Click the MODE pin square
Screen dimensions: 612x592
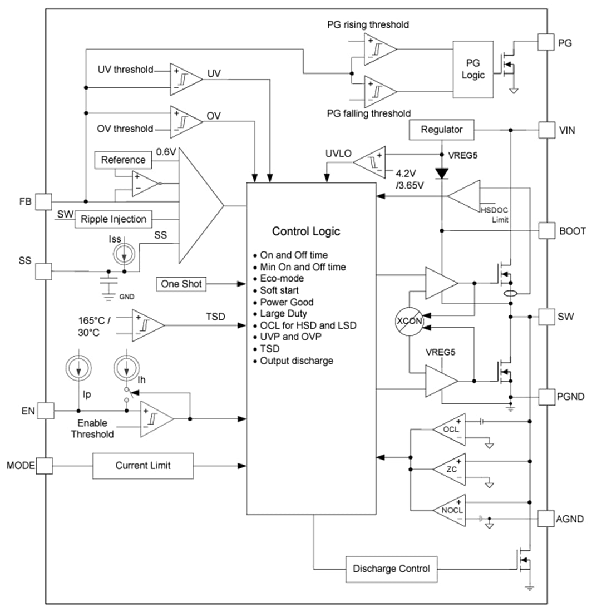click(44, 465)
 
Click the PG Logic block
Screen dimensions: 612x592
click(473, 69)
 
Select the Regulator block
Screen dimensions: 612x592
click(442, 130)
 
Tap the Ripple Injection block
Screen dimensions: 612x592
click(114, 219)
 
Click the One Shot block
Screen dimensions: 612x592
click(181, 284)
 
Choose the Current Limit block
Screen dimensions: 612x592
click(143, 465)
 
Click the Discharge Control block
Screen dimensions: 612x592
click(391, 569)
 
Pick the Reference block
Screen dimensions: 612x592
click(123, 160)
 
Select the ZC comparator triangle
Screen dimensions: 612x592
click(450, 468)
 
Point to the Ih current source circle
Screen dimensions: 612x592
click(126, 368)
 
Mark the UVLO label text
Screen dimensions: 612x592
click(338, 153)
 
